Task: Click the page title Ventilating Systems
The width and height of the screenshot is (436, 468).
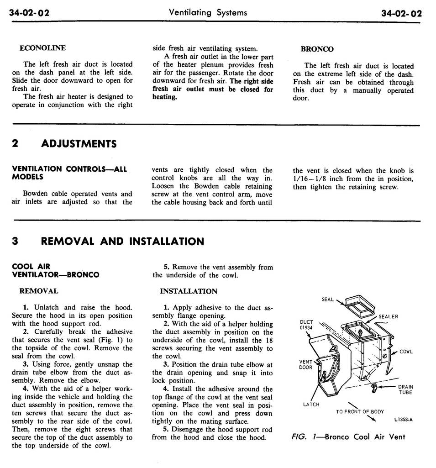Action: (x=208, y=13)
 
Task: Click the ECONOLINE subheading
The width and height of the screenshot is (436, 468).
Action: (x=42, y=48)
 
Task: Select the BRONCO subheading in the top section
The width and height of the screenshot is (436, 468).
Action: (x=317, y=49)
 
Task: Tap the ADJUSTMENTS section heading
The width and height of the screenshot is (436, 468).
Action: (x=79, y=144)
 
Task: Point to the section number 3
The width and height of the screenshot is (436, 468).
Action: (x=15, y=242)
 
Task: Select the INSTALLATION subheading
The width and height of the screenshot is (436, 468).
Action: (x=189, y=291)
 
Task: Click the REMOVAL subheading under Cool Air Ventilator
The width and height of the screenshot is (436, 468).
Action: (x=38, y=291)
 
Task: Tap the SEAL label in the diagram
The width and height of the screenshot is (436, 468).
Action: (x=328, y=300)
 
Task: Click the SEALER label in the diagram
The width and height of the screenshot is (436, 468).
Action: (x=388, y=317)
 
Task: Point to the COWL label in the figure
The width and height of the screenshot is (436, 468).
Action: (x=406, y=352)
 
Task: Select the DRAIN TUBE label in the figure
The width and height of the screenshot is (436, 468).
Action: (x=405, y=389)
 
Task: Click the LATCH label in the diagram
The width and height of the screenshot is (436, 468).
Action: (x=311, y=405)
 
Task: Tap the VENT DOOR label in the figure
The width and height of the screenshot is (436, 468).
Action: (x=306, y=364)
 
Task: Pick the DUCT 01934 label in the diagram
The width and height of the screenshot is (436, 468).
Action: (x=306, y=325)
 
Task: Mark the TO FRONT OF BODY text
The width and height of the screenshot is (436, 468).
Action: (x=360, y=411)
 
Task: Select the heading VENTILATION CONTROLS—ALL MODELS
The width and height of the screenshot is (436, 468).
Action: (x=68, y=173)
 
